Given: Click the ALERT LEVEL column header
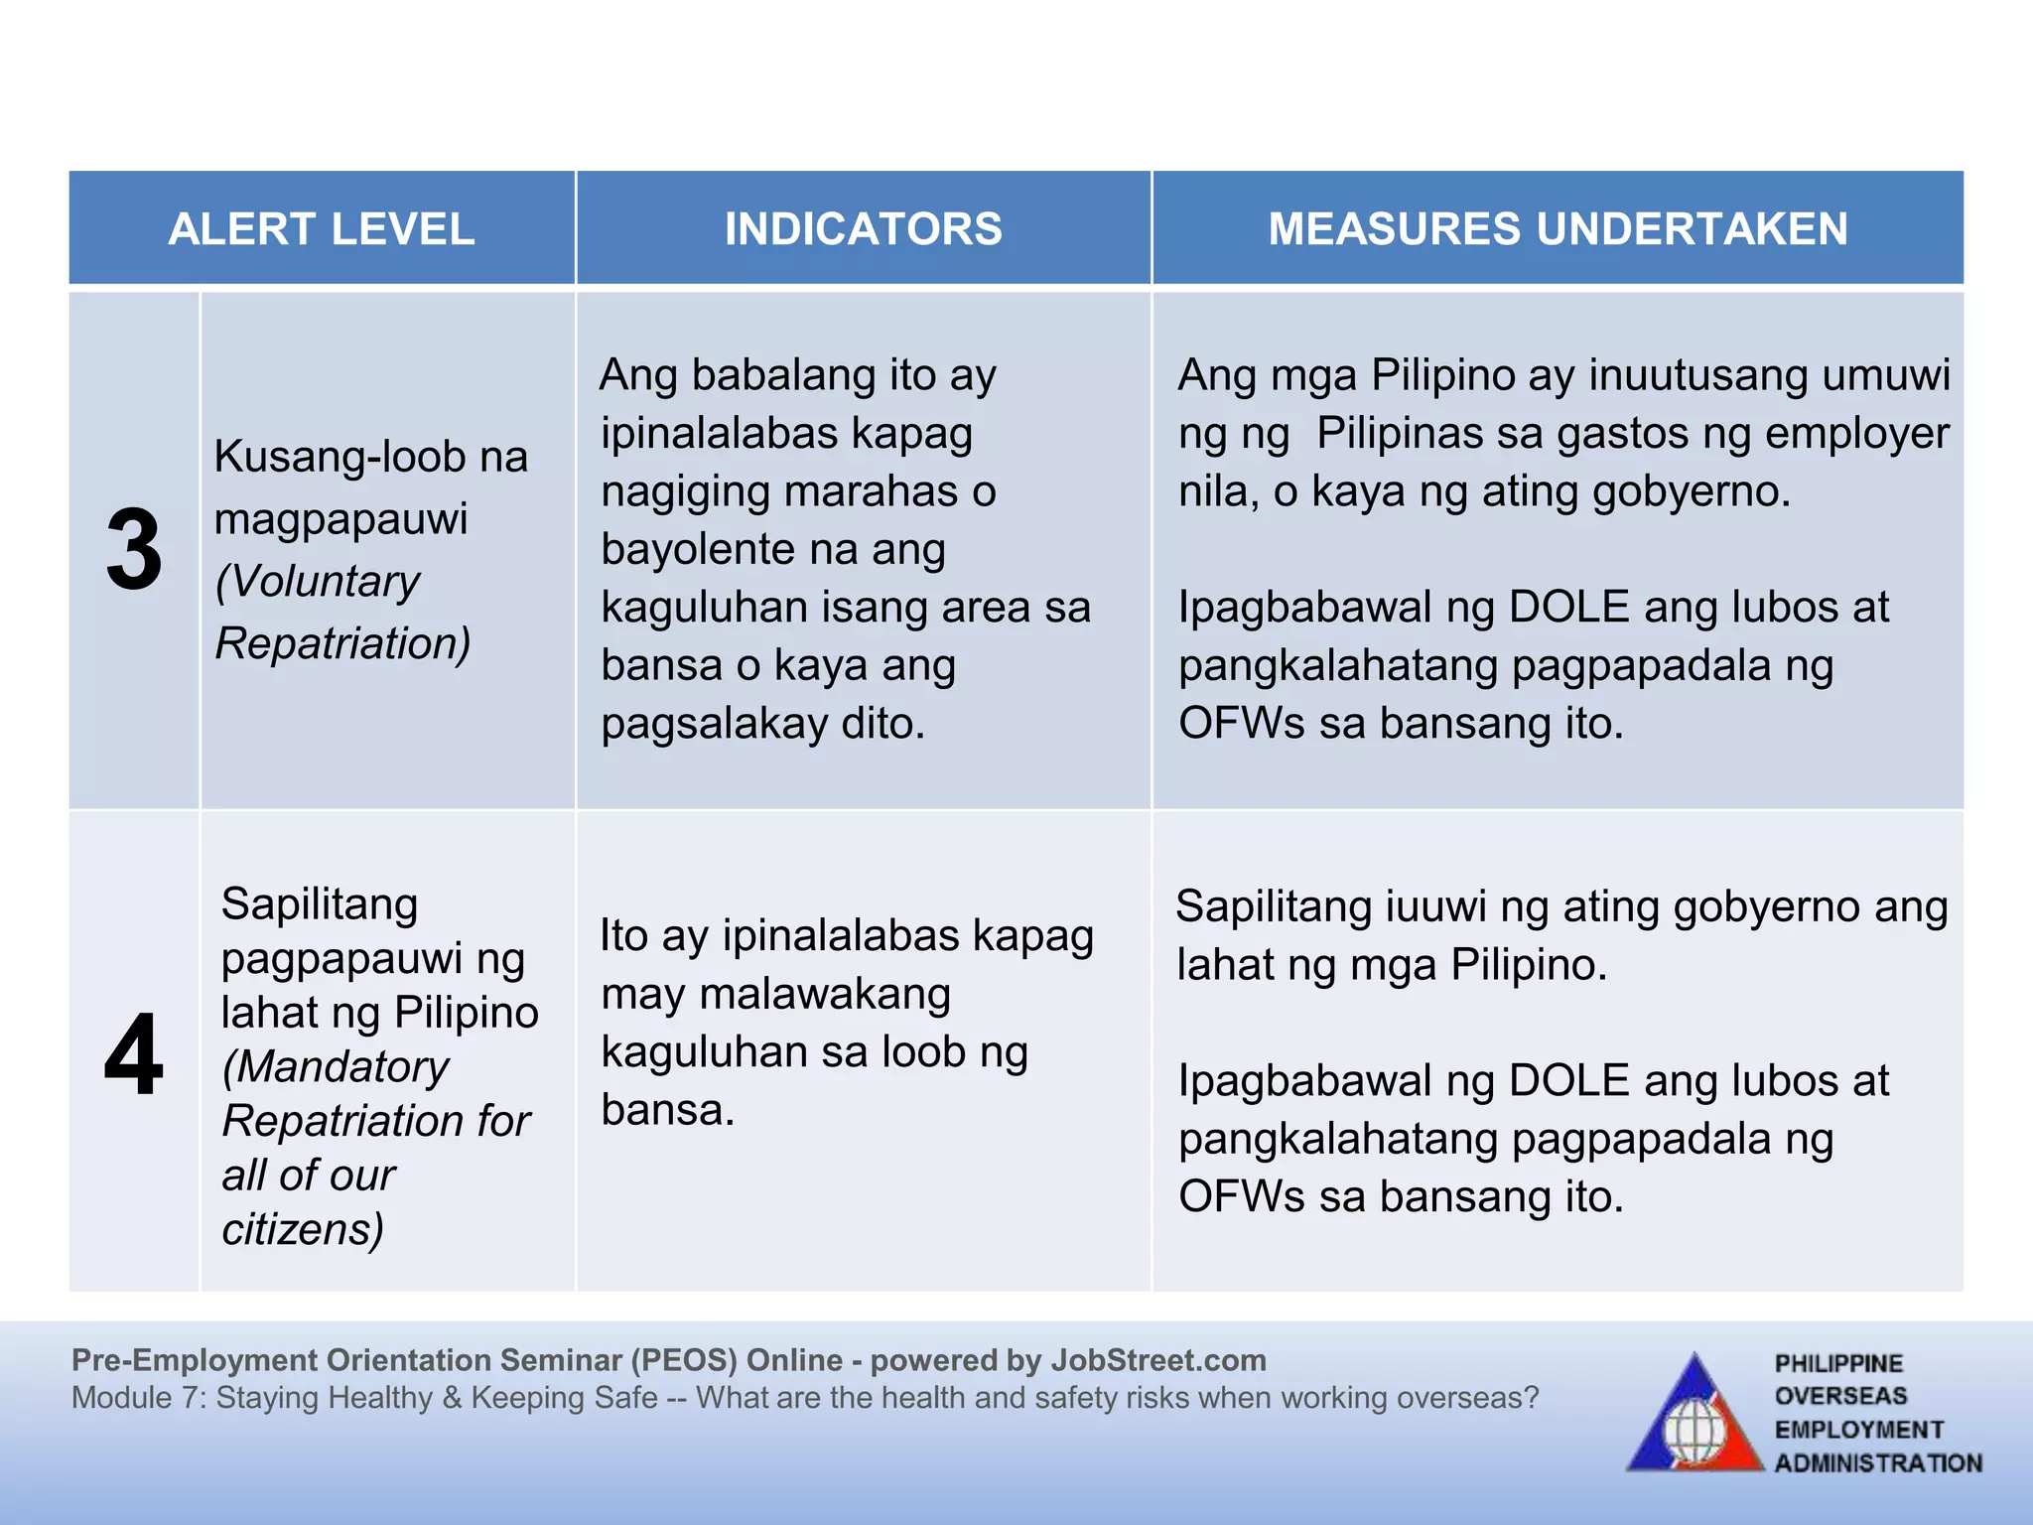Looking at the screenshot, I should pyautogui.click(x=321, y=229).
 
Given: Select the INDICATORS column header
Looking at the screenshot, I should pyautogui.click(x=863, y=229).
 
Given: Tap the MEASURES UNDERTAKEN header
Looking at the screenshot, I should pyautogui.click(x=1558, y=229).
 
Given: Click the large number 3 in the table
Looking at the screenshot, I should pyautogui.click(x=134, y=549).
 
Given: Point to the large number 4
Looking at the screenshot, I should pyautogui.click(x=134, y=1054).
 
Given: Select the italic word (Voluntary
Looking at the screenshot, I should pyautogui.click(x=318, y=581).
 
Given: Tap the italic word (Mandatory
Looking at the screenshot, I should pyautogui.click(x=336, y=1067).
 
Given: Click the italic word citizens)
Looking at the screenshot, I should pyautogui.click(x=303, y=1229).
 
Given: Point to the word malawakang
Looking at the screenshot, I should pyautogui.click(x=825, y=994).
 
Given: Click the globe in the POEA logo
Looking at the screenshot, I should pyautogui.click(x=1695, y=1433).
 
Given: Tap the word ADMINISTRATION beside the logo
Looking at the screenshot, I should pyautogui.click(x=1878, y=1463).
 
